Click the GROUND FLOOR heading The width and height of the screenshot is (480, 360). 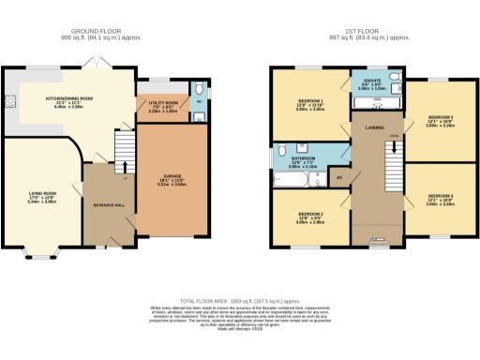point(106,32)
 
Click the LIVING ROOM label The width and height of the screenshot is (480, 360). point(41,196)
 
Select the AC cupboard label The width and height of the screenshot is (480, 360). point(339,176)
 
